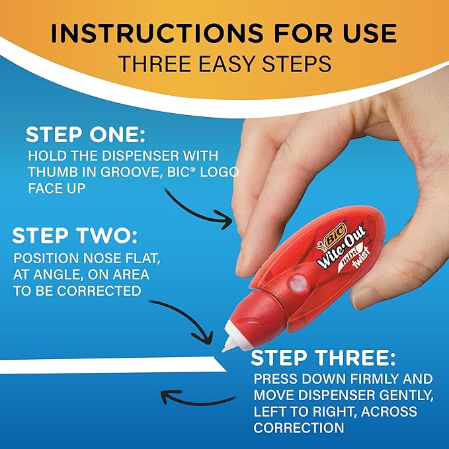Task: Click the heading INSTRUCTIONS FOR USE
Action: point(224,33)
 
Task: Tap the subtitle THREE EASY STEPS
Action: point(224,64)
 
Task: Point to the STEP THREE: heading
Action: point(323,358)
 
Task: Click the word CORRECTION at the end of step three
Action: point(299,429)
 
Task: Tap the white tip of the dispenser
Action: point(229,345)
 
